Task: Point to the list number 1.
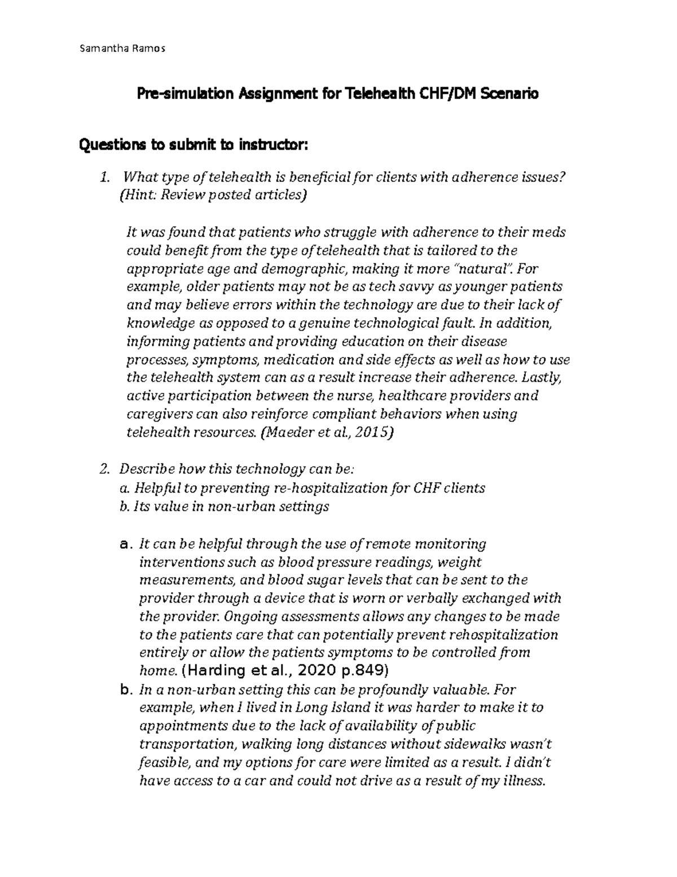(x=103, y=178)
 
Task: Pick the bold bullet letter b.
(x=126, y=690)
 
